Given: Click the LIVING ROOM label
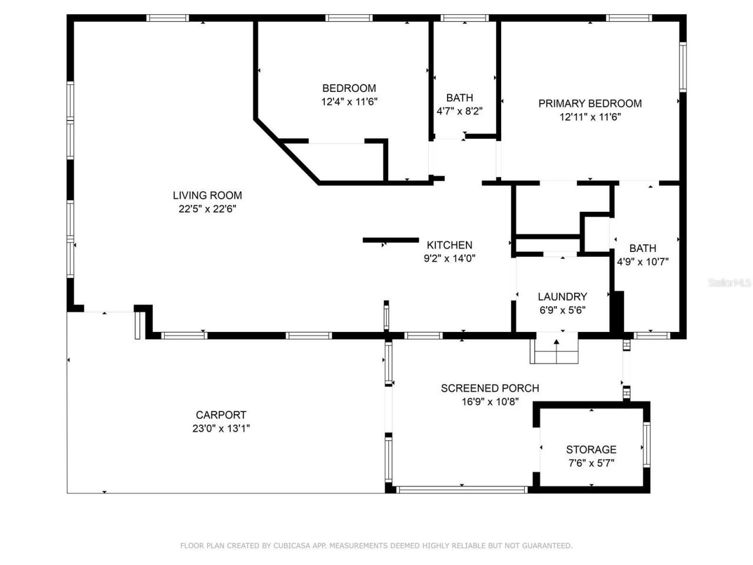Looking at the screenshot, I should [x=207, y=195].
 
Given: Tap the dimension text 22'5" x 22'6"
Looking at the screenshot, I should [x=207, y=209].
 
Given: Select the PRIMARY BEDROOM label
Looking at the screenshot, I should [x=590, y=104].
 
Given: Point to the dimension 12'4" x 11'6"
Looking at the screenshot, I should [x=349, y=102].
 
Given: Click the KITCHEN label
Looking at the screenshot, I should [x=449, y=245].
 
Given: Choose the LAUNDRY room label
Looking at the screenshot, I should [x=562, y=297].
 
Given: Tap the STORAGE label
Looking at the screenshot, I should [x=591, y=450].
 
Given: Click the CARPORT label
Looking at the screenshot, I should [x=221, y=415].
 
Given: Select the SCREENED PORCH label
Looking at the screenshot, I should [x=490, y=388].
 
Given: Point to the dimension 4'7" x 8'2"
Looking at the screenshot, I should [x=459, y=111].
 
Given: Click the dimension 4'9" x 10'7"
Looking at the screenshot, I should [x=642, y=262].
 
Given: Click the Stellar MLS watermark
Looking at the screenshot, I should [x=729, y=283].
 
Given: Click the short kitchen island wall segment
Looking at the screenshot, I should [x=391, y=240].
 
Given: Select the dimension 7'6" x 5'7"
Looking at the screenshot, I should [x=591, y=463].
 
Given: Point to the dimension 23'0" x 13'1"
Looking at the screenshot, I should [x=221, y=428].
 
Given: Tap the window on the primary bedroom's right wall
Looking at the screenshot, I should [x=682, y=67].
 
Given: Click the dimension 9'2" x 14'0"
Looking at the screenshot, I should [x=449, y=258].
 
